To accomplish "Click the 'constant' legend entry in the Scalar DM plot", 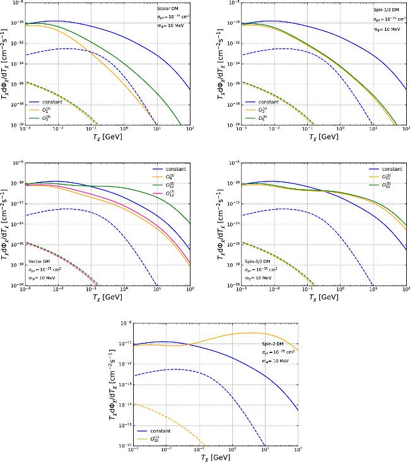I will (x=50, y=101).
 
